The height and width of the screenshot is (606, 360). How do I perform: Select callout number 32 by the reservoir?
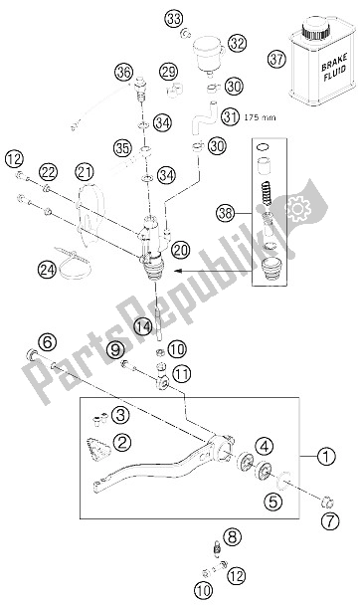(x=236, y=44)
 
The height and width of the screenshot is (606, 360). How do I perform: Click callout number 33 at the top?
(x=175, y=19)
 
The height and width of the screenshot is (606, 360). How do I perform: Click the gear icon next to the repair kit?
(x=294, y=210)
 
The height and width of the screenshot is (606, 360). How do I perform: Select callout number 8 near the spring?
(x=232, y=537)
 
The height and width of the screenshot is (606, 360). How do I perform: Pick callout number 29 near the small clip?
(x=168, y=72)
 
